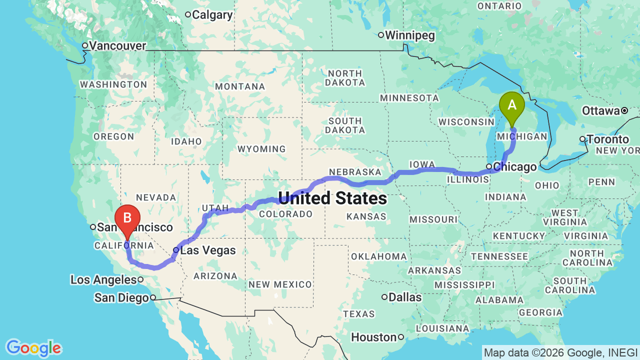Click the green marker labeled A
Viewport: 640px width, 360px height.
click(x=512, y=105)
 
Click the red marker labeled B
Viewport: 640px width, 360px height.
click(x=127, y=218)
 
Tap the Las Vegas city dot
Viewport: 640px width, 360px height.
click(x=176, y=249)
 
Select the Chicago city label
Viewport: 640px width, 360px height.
click(x=514, y=166)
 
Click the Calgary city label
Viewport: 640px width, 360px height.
click(x=212, y=15)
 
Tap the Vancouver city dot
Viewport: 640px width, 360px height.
click(x=85, y=45)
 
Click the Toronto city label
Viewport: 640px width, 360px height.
click(x=608, y=139)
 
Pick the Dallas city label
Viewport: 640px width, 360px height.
click(x=405, y=297)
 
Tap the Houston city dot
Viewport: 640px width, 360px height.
click(x=401, y=337)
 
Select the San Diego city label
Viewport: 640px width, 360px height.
click(x=121, y=298)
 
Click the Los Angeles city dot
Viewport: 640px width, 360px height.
click(x=141, y=279)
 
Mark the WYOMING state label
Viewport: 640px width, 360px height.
click(x=261, y=149)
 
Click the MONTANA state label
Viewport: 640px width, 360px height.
click(x=240, y=86)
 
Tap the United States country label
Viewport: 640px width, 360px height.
click(x=332, y=198)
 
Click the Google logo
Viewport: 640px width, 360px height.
click(x=33, y=348)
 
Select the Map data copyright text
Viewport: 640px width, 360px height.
click(x=560, y=352)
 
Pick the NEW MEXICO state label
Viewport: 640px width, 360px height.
click(x=280, y=284)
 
